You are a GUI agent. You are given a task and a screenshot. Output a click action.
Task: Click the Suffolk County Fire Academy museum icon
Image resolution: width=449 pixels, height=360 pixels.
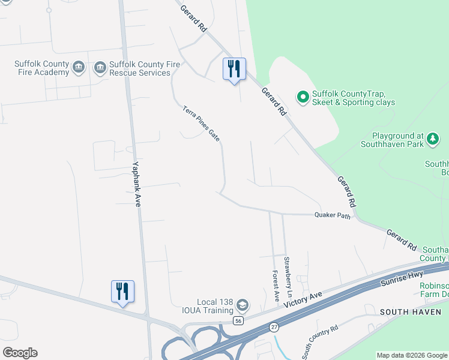(78, 68)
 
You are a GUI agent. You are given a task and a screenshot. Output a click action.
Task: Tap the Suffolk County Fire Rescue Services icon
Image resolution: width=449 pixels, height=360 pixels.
(100, 68)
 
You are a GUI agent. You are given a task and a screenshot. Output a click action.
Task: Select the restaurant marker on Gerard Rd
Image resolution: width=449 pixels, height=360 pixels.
(234, 69)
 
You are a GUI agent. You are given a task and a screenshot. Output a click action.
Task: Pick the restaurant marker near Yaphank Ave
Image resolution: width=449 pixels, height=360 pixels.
(122, 292)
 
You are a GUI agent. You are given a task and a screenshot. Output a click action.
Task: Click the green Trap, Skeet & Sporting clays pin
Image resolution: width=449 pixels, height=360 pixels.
(303, 96)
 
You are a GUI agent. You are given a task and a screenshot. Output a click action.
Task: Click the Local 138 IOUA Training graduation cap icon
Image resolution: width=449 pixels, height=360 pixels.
(242, 306)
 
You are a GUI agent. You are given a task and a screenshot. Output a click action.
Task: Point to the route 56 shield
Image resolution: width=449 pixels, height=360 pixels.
(238, 321)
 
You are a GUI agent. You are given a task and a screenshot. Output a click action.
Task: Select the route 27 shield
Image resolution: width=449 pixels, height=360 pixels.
(274, 326)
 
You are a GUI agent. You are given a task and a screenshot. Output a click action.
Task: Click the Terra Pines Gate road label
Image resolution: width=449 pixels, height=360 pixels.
(202, 124)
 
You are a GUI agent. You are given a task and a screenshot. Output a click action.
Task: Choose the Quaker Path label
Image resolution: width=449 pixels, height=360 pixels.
(332, 216)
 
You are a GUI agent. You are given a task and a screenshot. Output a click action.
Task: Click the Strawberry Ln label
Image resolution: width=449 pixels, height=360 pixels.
(288, 271)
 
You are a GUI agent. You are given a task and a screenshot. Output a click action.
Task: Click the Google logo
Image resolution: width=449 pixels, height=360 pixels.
(20, 353)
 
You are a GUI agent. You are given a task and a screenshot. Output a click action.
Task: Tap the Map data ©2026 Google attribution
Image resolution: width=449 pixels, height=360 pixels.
(412, 355)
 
